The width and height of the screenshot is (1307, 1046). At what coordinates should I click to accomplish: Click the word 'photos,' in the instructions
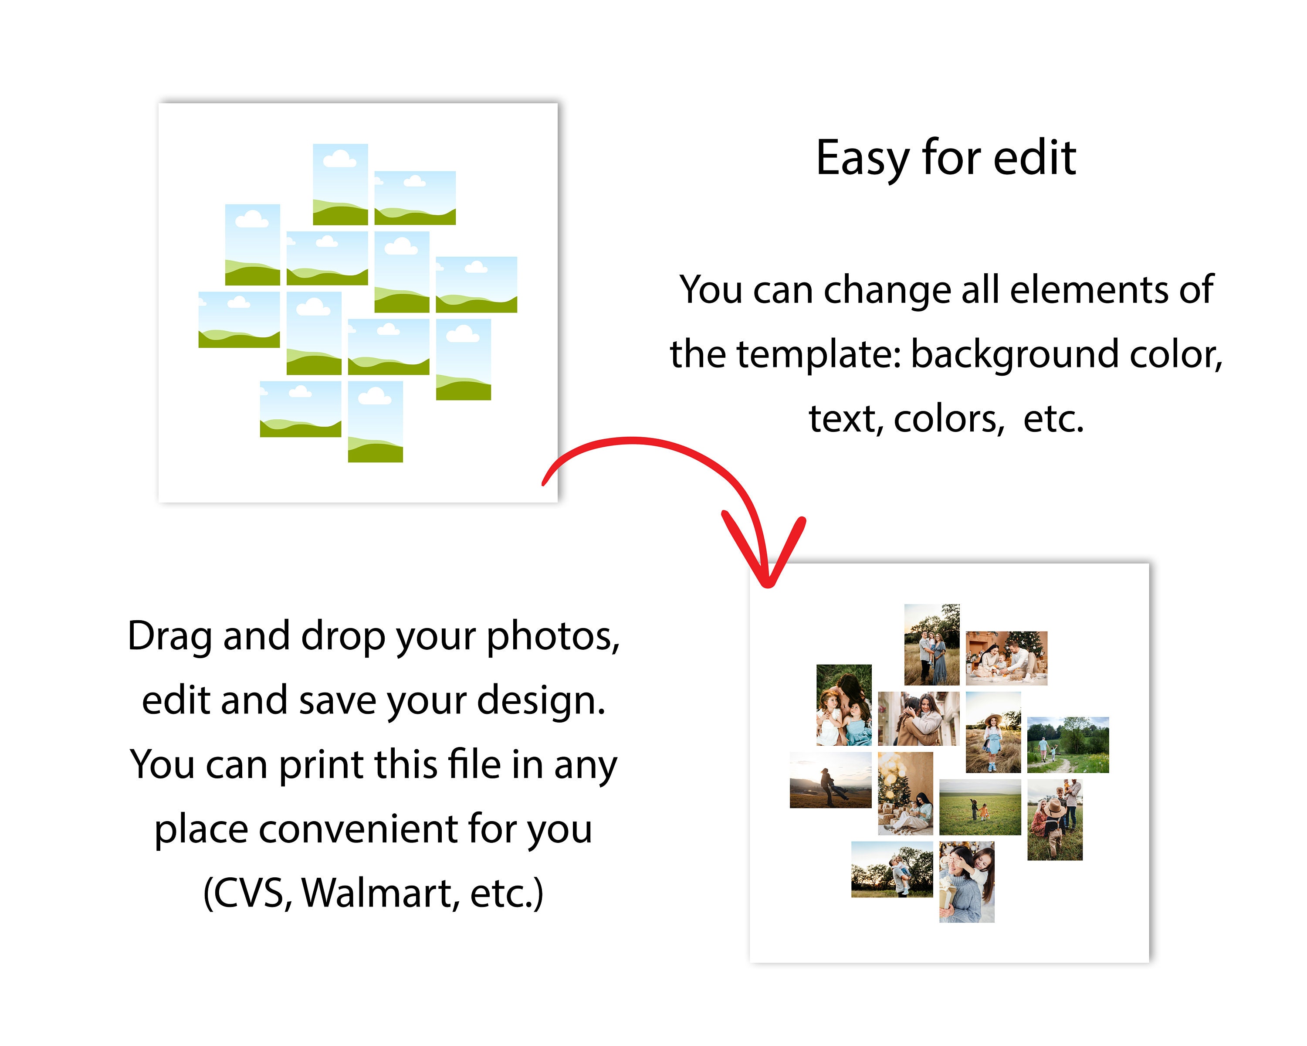[553, 637]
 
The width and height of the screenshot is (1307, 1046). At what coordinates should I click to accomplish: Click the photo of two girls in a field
[980, 807]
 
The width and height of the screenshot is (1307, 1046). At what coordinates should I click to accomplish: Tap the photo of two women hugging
[918, 719]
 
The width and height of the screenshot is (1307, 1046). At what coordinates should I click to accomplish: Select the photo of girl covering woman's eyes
[966, 882]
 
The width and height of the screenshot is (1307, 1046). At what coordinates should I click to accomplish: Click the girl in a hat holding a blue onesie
[993, 732]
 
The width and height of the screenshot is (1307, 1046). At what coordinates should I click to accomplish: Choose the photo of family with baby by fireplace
[1006, 658]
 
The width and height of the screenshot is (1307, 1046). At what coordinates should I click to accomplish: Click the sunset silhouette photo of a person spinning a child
[830, 780]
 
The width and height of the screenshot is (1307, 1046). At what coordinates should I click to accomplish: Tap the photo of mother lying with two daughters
[844, 705]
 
